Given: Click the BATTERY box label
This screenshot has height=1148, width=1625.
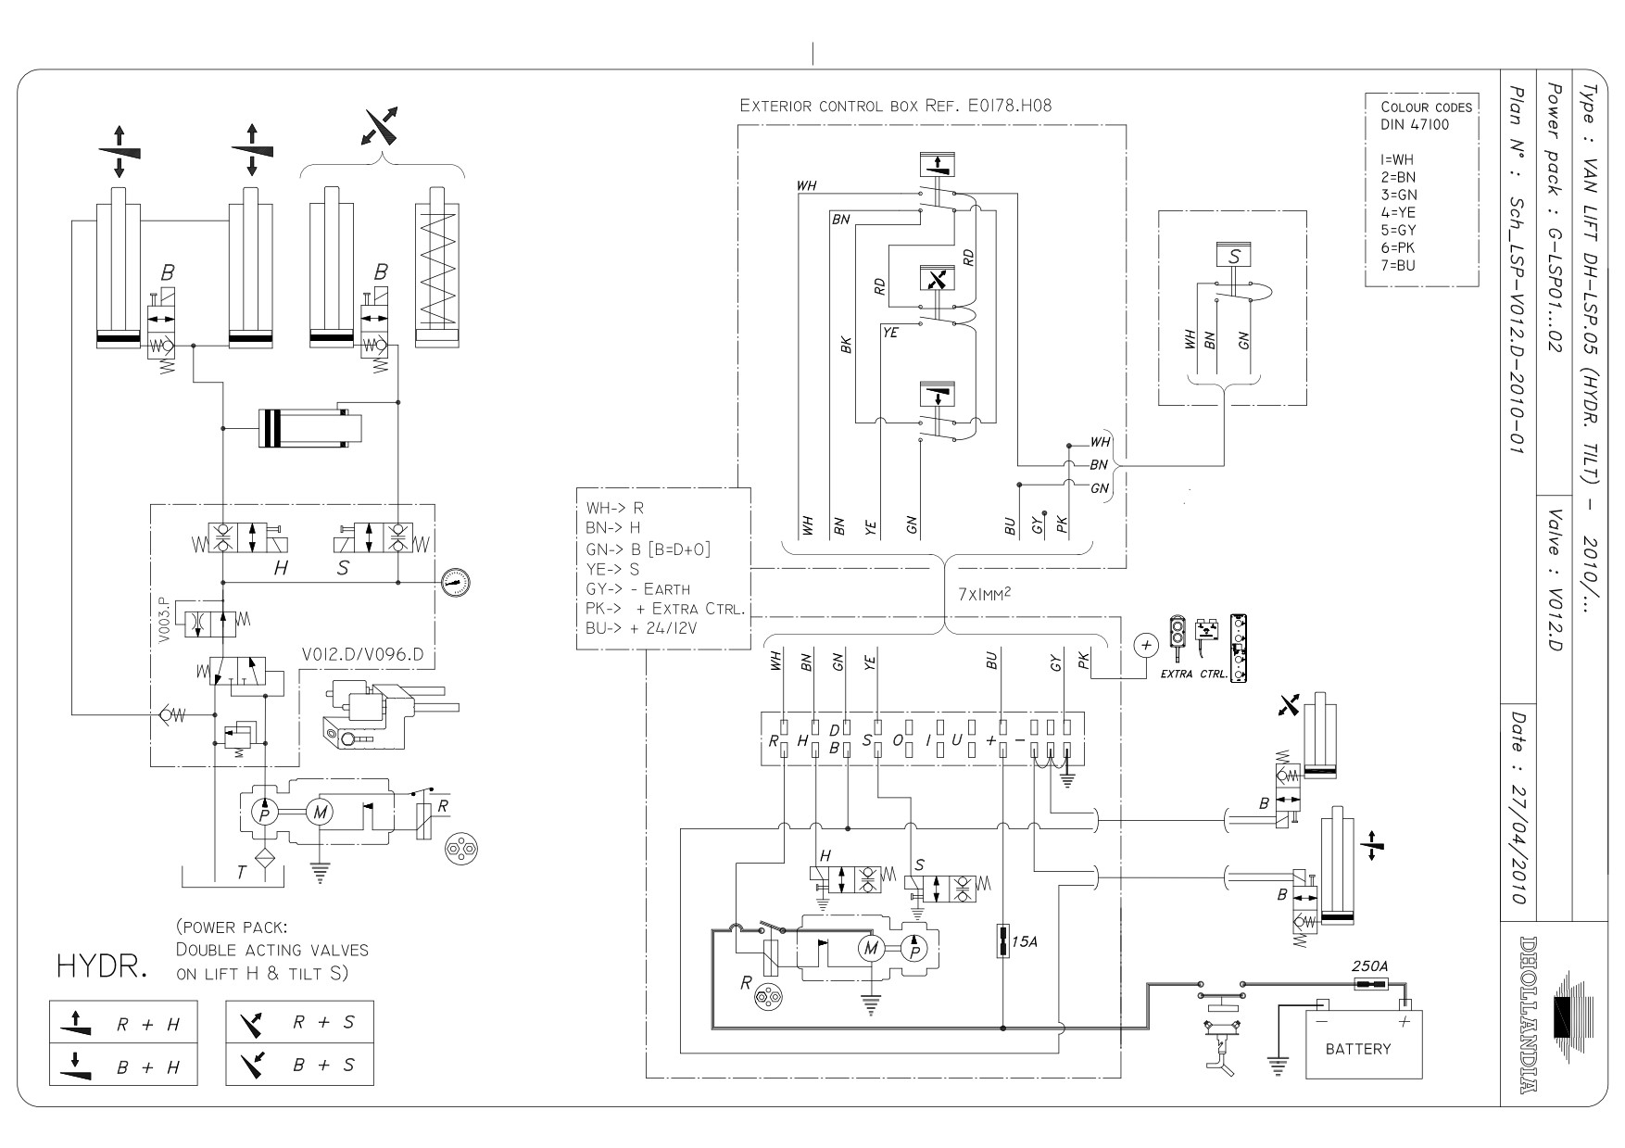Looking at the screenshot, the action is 1357,1049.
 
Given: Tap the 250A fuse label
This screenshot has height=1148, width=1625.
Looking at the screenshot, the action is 1370,965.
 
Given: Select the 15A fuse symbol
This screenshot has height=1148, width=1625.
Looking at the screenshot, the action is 1003,941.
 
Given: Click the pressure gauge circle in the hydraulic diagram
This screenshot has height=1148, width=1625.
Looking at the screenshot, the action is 456,582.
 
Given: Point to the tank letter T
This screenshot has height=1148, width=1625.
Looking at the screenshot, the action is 242,872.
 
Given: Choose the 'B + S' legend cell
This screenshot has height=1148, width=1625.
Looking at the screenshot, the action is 299,1065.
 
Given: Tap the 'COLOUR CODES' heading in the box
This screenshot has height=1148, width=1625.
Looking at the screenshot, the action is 1426,107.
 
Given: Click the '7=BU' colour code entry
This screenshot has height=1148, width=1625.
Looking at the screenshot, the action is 1398,265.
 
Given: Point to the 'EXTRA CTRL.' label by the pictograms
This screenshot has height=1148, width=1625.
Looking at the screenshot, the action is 1194,674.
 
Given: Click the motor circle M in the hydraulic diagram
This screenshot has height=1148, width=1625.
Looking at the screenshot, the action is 319,814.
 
